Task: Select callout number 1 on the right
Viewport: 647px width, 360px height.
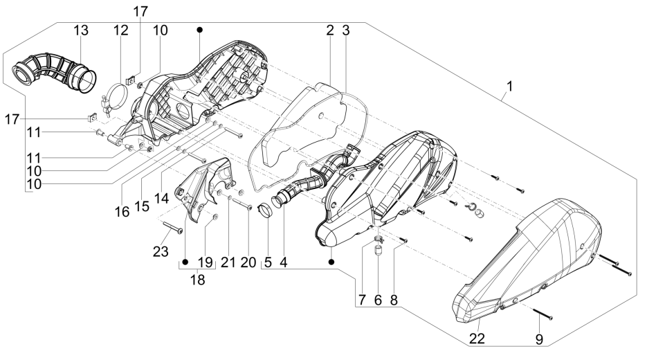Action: (x=511, y=89)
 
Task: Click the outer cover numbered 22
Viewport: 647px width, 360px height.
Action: (x=526, y=256)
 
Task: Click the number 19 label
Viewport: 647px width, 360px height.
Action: (x=206, y=262)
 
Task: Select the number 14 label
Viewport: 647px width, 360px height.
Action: (x=161, y=197)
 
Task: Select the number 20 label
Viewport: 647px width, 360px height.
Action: (x=246, y=262)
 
